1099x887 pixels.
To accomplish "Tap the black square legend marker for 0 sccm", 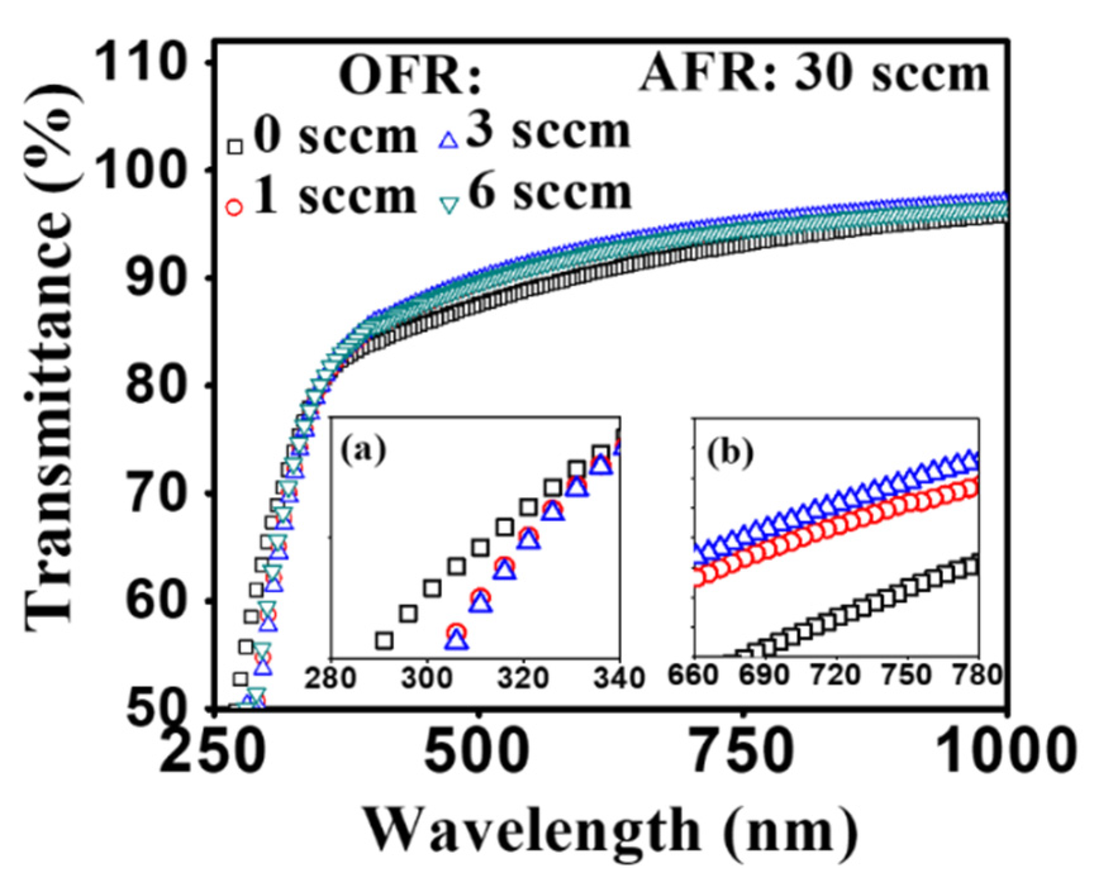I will point(235,146).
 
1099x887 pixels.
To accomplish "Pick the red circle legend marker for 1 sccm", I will point(234,207).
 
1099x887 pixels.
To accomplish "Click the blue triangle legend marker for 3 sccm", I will point(448,140).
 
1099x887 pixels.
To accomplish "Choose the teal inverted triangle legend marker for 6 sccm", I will point(449,205).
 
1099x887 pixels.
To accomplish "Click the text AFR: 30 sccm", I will point(814,74).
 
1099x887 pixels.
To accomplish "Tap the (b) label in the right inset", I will point(730,451).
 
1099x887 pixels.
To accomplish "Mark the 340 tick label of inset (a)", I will point(619,678).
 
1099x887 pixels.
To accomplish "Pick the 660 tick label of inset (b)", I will point(693,675).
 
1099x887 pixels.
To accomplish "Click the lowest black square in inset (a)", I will point(384,640).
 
